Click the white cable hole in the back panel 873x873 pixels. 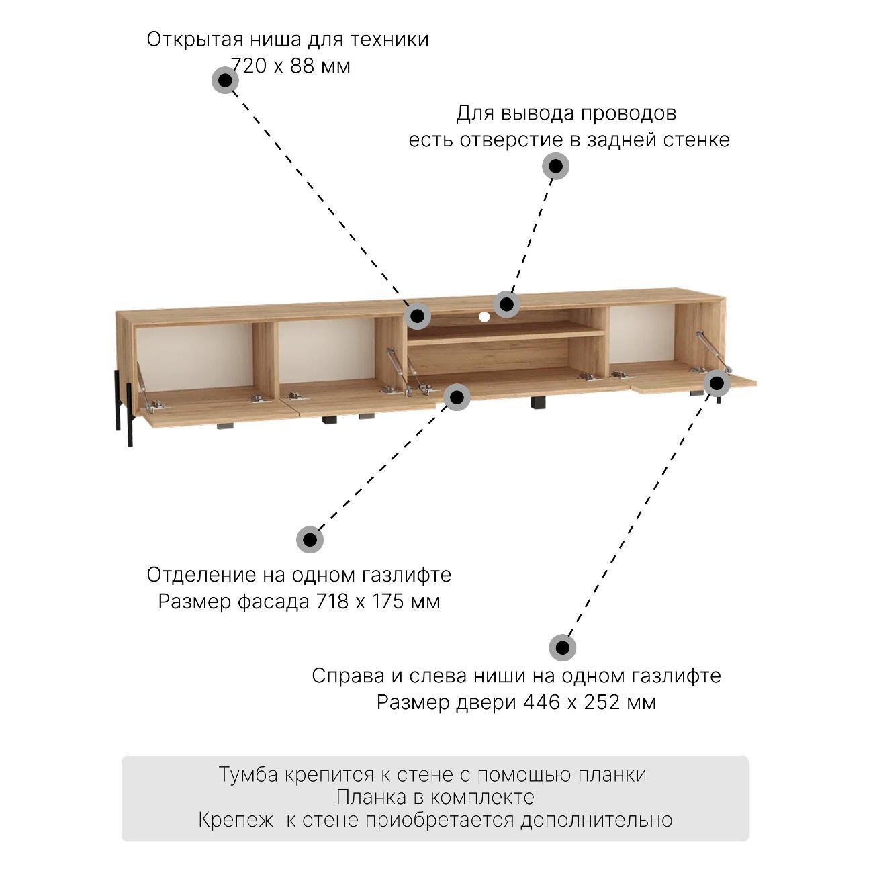484,317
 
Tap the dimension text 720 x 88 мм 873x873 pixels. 291,66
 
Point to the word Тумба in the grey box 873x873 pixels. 248,774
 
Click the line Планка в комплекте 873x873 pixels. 435,797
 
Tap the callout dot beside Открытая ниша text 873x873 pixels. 225,81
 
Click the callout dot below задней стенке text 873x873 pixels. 556,166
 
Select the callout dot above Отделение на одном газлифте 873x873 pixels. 310,539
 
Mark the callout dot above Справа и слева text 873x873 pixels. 562,648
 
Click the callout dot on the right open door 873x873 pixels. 717,383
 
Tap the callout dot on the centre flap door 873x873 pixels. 457,397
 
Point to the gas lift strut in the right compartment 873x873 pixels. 711,351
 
